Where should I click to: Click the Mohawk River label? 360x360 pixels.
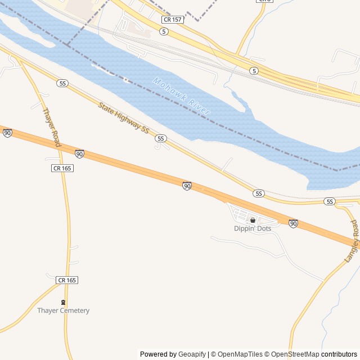click(x=182, y=97)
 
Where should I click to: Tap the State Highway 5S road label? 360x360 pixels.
click(x=123, y=117)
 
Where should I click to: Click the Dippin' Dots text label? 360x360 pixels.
click(x=253, y=228)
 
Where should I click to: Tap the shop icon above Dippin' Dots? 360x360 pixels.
click(x=253, y=220)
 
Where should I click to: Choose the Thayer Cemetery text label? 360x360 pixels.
click(x=63, y=310)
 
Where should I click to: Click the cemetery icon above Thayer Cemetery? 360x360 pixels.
click(x=63, y=302)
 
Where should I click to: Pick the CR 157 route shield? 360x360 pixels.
click(x=172, y=20)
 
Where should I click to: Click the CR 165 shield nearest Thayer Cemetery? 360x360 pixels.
click(x=67, y=280)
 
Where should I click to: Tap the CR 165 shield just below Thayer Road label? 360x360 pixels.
click(x=62, y=168)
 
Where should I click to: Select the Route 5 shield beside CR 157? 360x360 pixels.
click(x=164, y=31)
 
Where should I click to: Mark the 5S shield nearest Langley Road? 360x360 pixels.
click(x=330, y=201)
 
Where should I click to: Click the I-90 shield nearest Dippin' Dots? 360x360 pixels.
click(x=293, y=223)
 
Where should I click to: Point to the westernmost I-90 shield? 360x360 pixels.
click(x=7, y=133)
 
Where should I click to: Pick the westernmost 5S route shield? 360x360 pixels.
click(x=62, y=83)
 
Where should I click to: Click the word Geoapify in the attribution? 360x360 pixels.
click(x=192, y=354)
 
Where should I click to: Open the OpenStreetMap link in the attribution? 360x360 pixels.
click(x=291, y=354)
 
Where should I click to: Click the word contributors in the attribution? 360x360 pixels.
click(x=339, y=354)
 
